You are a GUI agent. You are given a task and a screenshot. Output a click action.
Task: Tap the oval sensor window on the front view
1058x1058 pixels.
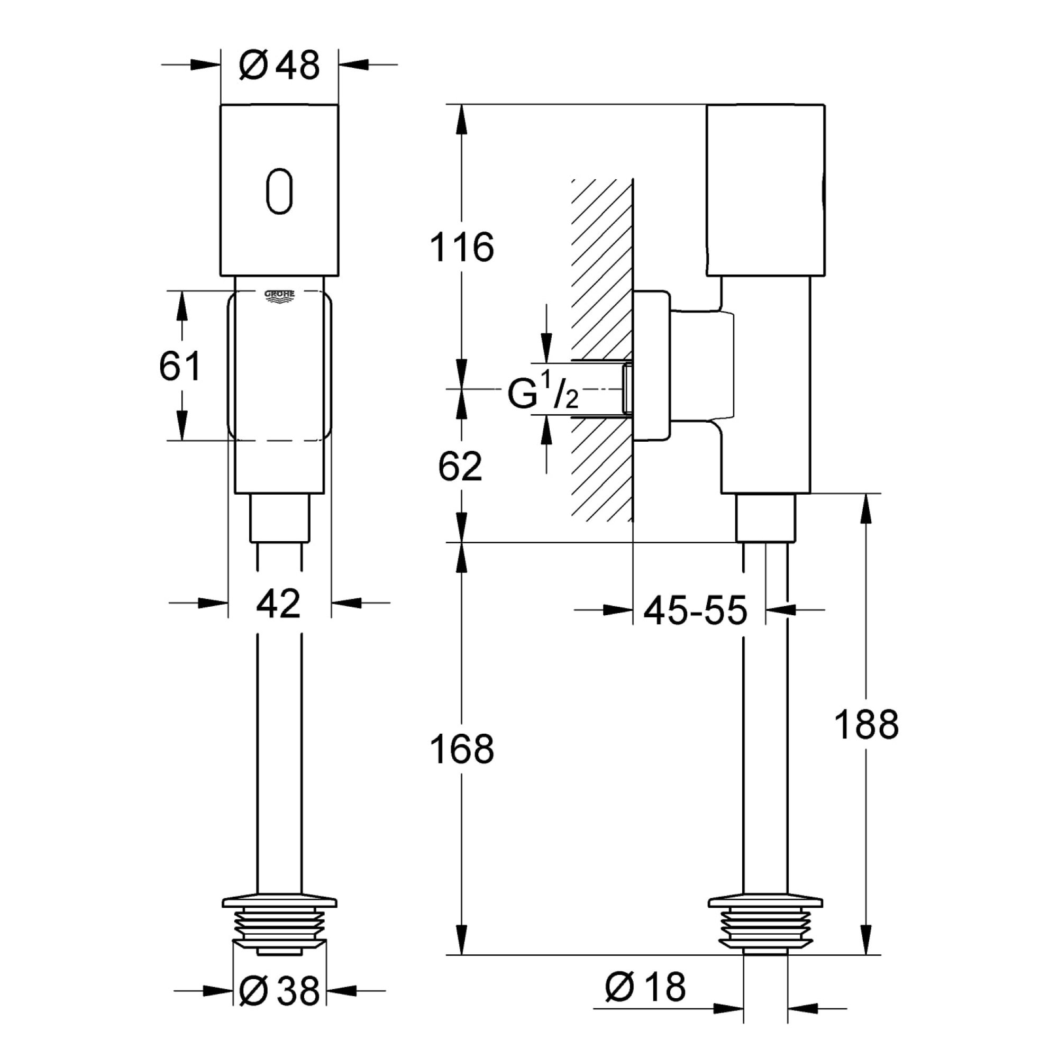pos(279,191)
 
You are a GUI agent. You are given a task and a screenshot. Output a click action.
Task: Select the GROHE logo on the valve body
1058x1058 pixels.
pos(279,296)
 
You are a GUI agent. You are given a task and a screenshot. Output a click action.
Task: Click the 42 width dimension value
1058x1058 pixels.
pos(279,604)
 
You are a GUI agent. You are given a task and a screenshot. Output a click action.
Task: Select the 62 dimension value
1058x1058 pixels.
pos(460,467)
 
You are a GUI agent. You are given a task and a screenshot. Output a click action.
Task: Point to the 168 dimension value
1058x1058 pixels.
pos(462,749)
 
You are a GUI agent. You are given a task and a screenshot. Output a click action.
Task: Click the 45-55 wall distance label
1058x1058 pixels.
pos(695,609)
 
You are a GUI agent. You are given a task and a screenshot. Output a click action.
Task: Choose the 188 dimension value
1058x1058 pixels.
pos(867,725)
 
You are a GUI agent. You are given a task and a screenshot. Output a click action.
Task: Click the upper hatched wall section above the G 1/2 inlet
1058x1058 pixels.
pos(601,268)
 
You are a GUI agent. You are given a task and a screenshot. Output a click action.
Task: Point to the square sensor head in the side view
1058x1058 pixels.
pos(765,189)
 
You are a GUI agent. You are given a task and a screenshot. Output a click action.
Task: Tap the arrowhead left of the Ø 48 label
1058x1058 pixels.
pos(205,65)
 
